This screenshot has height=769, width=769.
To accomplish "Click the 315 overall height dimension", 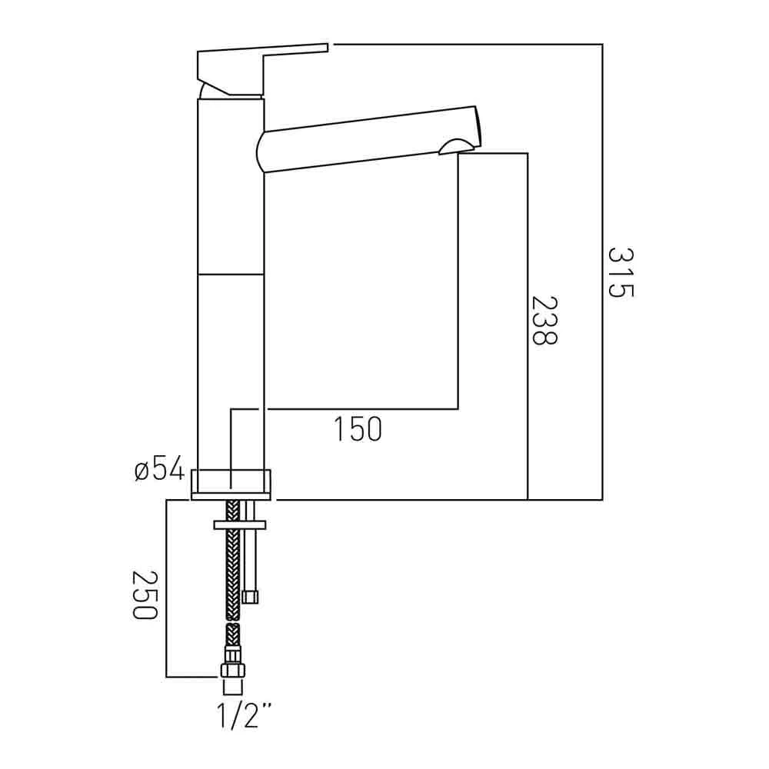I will [620, 272].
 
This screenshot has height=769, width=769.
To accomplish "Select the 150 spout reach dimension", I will [358, 429].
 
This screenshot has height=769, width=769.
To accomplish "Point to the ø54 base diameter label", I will [159, 468].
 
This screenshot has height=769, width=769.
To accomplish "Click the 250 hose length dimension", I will [144, 594].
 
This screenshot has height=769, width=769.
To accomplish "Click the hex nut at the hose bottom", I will [232, 668].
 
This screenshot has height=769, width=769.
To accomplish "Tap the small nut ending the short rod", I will [250, 597].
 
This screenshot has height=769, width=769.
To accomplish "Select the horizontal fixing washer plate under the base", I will [240, 524].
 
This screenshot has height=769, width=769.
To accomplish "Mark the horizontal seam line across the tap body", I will [231, 274].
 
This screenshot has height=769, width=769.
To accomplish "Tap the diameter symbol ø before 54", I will [141, 470].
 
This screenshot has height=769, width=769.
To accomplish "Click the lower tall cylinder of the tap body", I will [231, 369].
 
